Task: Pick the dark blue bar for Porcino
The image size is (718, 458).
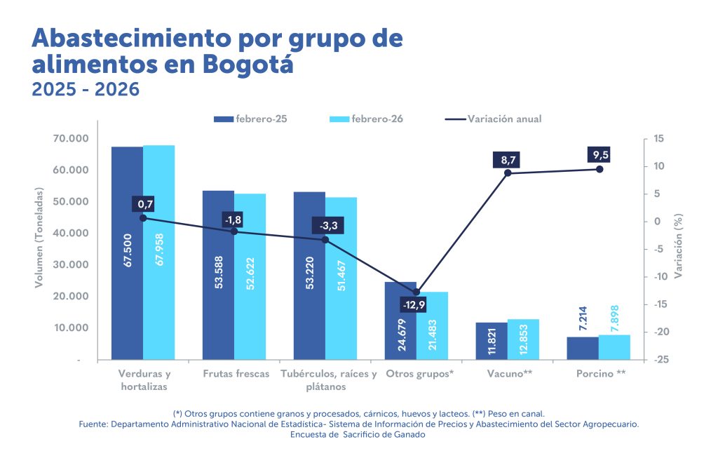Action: tap(583, 348)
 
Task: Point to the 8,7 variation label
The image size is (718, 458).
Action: tap(507, 161)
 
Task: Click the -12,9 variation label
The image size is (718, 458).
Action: tap(414, 305)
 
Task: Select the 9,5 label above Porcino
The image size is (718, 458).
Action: tap(599, 155)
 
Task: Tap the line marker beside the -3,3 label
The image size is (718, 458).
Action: tap(325, 240)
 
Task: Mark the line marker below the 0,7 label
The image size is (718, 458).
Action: tap(143, 218)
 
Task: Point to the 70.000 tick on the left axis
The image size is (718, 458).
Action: tap(70, 139)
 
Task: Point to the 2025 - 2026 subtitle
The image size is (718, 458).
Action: tap(86, 90)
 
